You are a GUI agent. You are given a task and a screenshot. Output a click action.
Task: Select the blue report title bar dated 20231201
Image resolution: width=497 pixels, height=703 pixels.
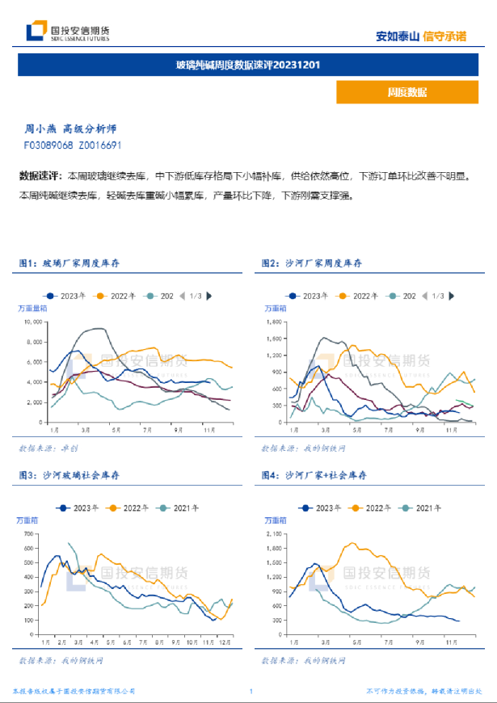[x=248, y=65]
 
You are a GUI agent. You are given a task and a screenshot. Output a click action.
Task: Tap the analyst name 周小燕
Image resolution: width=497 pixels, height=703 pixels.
[x=40, y=129]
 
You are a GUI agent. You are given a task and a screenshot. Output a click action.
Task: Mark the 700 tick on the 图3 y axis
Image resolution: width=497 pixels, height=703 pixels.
[x=29, y=535]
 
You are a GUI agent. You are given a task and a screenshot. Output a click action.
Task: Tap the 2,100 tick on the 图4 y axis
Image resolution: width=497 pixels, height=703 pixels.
[x=276, y=535]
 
